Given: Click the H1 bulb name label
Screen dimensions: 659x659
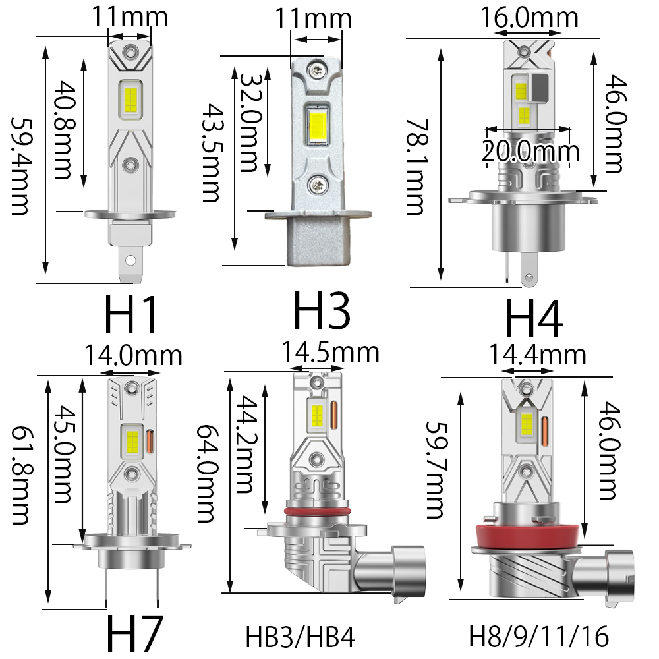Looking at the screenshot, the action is coord(130,314).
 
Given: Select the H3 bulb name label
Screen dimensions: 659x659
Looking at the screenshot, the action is coord(322,311).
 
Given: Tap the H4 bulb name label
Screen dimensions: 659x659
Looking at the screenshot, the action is coord(533,318).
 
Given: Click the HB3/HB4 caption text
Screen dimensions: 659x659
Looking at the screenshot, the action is coord(300,637).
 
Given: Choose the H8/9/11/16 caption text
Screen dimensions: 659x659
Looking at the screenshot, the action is coord(539,636).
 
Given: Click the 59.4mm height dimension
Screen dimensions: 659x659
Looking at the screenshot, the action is coord(20,167).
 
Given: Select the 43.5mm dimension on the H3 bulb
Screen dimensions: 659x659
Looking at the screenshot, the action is coord(212,153).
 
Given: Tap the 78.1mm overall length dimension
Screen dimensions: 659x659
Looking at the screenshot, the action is coord(416,167).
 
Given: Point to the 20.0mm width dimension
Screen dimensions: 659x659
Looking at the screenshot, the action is coord(530,150).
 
